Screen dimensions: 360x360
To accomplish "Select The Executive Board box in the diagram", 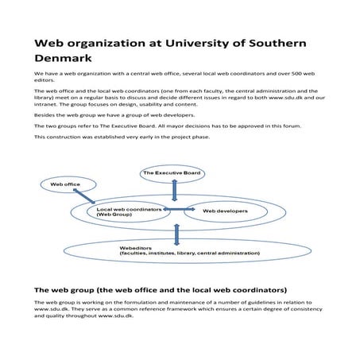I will pyautogui.click(x=173, y=172).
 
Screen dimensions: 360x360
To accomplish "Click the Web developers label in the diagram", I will pyautogui.click(x=226, y=211).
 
